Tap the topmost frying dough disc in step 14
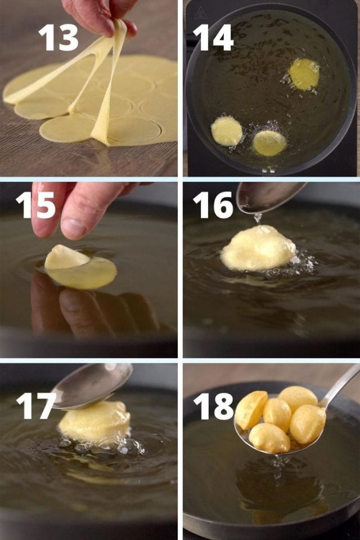click(304, 74)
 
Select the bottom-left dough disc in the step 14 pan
click(227, 131)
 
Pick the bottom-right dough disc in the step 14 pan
click(269, 143)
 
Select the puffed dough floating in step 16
click(259, 248)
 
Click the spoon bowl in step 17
click(93, 385)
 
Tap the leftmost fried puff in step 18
click(251, 409)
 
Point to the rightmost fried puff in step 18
click(307, 423)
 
